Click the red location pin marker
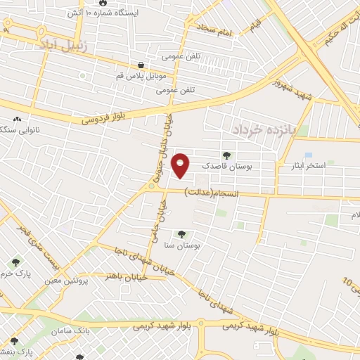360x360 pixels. click(x=181, y=164)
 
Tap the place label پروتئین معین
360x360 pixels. click(x=91, y=281)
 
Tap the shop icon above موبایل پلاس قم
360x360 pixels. click(x=141, y=64)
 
